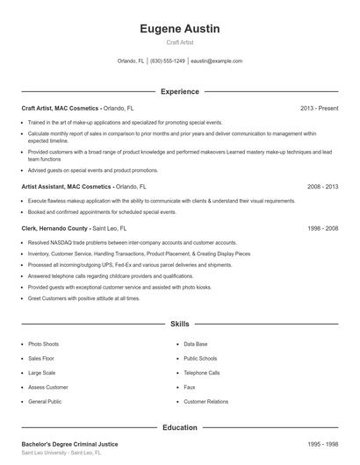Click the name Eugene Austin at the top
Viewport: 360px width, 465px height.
pos(179,29)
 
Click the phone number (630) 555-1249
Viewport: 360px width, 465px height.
pos(168,61)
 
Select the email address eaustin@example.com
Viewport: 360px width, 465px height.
pos(216,61)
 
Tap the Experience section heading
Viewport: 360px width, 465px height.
pos(179,91)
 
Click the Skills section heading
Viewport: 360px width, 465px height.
pos(179,324)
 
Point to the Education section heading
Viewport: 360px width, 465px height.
pos(179,427)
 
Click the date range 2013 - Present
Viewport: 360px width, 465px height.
pos(319,108)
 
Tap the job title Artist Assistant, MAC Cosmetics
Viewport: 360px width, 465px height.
pos(66,187)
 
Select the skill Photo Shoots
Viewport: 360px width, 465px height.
pos(44,344)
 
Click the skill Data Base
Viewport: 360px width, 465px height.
pos(196,344)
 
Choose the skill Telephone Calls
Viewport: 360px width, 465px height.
pos(202,372)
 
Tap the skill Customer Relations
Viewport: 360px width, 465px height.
pos(206,401)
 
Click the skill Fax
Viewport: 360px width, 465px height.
pos(189,387)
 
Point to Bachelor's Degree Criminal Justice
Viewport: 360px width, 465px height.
pos(69,444)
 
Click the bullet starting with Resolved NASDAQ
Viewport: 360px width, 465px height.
pos(132,241)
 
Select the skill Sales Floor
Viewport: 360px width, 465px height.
pos(41,358)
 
